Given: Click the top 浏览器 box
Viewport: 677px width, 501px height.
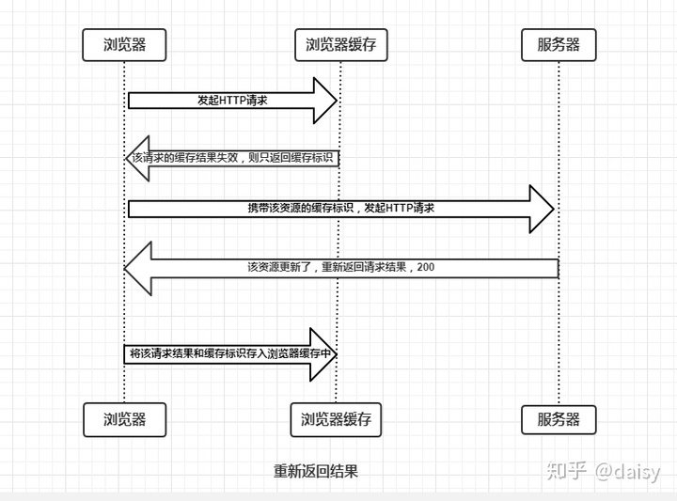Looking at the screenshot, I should [x=124, y=44].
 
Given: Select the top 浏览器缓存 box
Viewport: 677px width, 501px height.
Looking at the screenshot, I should [x=340, y=44].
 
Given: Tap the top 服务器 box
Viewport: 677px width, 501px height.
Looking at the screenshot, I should [x=559, y=44].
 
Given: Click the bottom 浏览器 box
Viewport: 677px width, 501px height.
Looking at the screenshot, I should [x=124, y=419].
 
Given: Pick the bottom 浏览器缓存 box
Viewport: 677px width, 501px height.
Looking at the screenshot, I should [x=336, y=419].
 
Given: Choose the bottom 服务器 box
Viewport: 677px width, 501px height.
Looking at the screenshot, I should [x=559, y=419].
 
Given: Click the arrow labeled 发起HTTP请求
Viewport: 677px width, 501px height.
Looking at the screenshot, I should [x=230, y=101].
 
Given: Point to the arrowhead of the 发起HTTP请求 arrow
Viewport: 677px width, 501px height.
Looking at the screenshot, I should [x=325, y=101].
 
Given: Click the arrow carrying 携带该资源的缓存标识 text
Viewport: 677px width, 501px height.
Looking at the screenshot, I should [x=338, y=208].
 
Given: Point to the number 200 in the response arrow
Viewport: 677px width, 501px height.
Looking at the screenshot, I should [x=425, y=268].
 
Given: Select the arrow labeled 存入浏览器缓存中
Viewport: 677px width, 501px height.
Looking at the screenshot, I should [x=230, y=353].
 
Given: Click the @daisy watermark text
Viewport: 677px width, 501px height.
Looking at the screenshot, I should [x=626, y=471].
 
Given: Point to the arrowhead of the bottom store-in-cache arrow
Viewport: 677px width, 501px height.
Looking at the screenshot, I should [x=325, y=353].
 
